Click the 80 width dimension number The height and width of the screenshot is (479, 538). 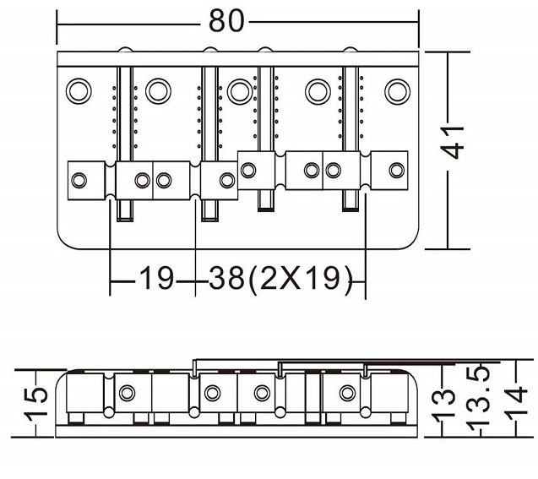(226, 21)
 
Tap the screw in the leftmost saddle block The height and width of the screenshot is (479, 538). (80, 179)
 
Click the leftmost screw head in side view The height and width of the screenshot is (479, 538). (128, 393)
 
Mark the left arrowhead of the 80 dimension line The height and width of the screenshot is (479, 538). (60, 21)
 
